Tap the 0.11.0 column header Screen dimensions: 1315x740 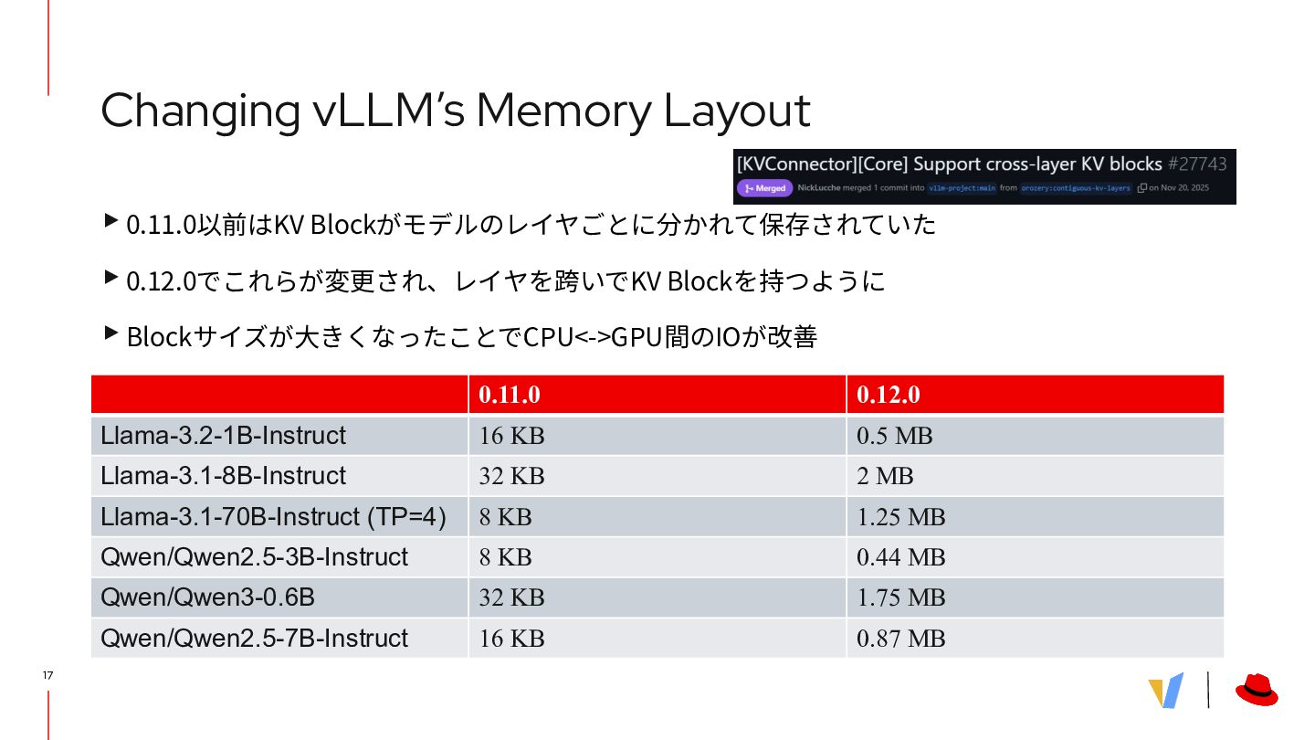(510, 395)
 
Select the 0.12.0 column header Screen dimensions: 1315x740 (888, 395)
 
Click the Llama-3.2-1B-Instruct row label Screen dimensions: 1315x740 (224, 436)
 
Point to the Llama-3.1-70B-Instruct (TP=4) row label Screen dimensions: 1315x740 (273, 517)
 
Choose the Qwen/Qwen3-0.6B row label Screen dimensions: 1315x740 (208, 597)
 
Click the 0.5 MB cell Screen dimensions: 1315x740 (895, 436)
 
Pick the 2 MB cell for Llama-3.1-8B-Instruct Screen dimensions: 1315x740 (885, 476)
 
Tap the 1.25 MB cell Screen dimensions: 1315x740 (900, 517)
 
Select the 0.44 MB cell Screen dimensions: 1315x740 (900, 557)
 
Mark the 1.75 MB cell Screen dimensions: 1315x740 (900, 597)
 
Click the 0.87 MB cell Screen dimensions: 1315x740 (900, 638)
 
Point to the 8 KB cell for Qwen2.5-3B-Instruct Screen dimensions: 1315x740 (505, 557)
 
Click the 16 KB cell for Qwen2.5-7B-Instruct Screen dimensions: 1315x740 (511, 638)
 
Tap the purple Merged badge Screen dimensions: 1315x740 (765, 188)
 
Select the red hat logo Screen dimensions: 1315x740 (1257, 690)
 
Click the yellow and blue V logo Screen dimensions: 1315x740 (1166, 691)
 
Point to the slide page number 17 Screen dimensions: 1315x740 (47, 675)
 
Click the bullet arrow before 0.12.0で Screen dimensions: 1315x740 (110, 277)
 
